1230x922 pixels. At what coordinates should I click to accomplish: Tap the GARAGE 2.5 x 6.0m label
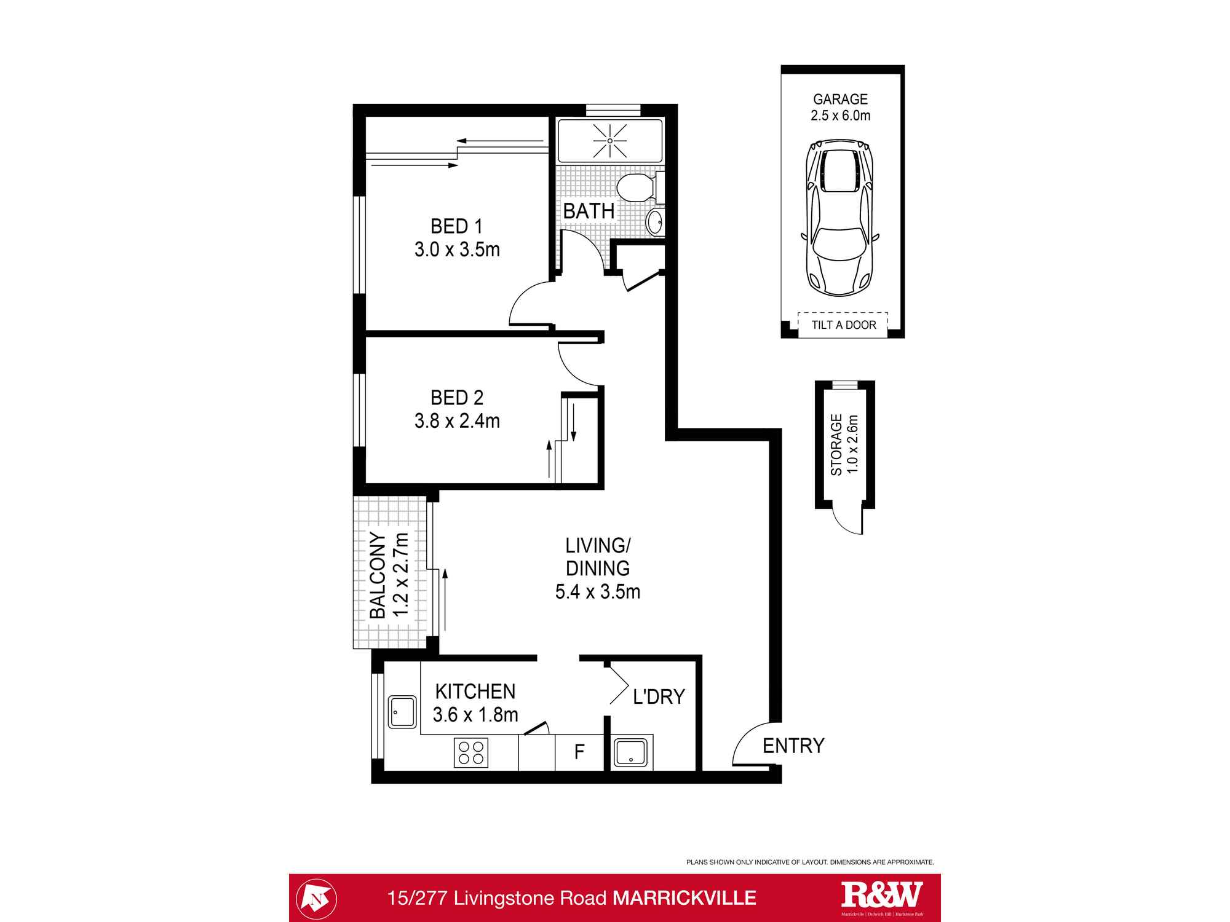840,107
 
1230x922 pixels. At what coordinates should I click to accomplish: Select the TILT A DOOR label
843,325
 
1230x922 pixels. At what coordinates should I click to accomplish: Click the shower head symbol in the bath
609,141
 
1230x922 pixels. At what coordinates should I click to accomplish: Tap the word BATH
589,211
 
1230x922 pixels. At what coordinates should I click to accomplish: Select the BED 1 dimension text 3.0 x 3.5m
457,250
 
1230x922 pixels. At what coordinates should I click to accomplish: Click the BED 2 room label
457,398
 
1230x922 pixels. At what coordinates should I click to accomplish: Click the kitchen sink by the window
402,712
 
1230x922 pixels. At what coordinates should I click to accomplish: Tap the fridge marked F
579,752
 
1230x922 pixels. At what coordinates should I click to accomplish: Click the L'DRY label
659,696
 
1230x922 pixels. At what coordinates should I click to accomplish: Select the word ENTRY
793,746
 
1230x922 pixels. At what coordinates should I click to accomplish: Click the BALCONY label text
378,575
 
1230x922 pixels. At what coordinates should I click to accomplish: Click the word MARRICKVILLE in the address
684,898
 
